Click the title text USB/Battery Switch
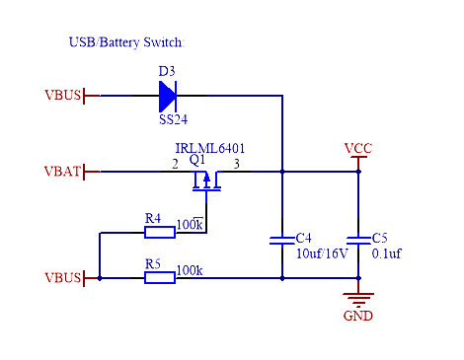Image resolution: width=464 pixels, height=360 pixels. point(125,43)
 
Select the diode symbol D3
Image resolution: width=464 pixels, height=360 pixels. point(167,96)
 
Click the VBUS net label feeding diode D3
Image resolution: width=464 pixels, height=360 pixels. point(63,96)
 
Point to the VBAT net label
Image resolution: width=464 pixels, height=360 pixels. point(63,172)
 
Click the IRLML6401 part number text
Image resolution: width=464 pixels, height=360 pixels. point(210,149)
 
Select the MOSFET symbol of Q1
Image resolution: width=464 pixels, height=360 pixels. point(206,180)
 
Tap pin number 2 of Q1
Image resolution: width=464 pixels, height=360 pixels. point(175,163)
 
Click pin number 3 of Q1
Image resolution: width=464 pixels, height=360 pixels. point(235,163)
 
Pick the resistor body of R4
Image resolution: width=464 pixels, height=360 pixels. point(160,232)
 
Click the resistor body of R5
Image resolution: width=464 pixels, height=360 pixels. point(160,278)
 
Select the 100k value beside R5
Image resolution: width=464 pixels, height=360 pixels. point(191,269)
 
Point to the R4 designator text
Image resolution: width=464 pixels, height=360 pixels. point(153,218)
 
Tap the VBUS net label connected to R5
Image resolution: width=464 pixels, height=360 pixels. point(63,278)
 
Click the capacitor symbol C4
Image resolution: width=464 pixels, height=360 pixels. point(282,240)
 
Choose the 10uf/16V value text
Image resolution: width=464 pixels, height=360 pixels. point(322,253)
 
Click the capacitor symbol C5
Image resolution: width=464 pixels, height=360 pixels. point(358,240)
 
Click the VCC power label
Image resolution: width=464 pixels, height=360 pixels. point(358,149)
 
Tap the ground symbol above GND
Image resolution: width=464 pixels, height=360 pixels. point(358,298)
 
